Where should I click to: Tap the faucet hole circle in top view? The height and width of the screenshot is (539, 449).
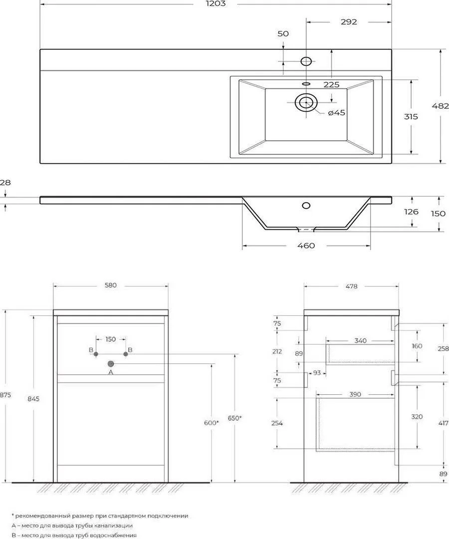tap(306, 61)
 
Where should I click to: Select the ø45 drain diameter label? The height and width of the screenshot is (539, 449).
tap(336, 113)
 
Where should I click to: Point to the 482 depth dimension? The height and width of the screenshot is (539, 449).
tap(440, 106)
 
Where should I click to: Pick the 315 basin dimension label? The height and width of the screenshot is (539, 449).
tap(411, 116)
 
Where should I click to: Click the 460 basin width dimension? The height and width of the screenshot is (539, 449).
tap(306, 246)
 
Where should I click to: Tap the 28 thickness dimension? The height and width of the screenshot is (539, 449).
tap(5, 183)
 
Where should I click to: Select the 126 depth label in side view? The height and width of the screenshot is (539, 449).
tap(411, 212)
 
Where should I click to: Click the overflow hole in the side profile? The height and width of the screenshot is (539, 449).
tap(306, 206)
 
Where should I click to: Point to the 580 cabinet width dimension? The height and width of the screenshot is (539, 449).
tap(111, 285)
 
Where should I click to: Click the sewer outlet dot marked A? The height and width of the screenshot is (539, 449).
tap(111, 363)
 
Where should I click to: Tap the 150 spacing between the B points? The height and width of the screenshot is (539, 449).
tap(110, 339)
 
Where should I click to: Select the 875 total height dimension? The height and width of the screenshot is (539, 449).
tap(5, 395)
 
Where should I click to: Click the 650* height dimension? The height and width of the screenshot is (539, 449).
tap(234, 418)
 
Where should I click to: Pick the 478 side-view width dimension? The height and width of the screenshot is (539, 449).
tap(351, 286)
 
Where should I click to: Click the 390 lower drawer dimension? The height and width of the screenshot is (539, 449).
tap(355, 394)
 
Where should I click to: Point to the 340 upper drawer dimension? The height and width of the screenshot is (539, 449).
tap(360, 341)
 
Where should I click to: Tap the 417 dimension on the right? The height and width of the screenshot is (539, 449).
tap(444, 423)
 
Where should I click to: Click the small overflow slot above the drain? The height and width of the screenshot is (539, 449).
tap(306, 83)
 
